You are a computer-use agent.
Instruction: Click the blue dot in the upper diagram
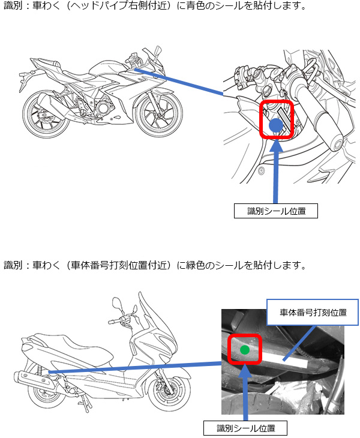(276, 125)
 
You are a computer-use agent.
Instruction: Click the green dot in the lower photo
(245, 350)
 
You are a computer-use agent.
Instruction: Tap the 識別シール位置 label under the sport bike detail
(275, 211)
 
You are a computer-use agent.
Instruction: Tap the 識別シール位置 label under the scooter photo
(245, 428)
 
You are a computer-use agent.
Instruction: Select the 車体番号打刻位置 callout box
(313, 312)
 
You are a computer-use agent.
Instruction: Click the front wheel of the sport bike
(159, 113)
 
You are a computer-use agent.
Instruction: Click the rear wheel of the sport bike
(46, 114)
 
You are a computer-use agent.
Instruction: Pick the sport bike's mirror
(157, 50)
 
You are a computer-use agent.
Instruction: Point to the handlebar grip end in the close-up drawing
(336, 143)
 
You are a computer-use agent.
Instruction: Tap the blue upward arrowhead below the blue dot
(276, 145)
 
